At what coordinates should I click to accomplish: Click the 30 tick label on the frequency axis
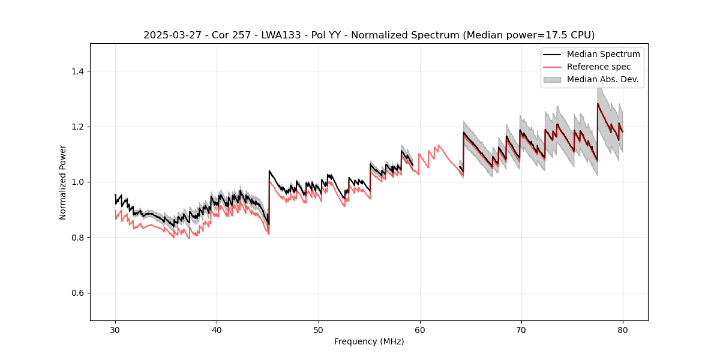(x=115, y=330)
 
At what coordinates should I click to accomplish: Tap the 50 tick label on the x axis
(x=318, y=330)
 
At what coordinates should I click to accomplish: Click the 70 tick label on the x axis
(x=521, y=330)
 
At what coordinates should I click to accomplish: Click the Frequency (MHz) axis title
(x=369, y=341)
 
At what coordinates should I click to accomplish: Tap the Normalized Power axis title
(x=63, y=182)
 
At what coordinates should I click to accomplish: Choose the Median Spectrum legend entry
(x=603, y=55)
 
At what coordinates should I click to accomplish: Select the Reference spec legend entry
(x=599, y=67)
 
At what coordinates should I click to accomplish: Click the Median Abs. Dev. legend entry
(x=602, y=79)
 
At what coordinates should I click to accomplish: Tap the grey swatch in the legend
(x=552, y=79)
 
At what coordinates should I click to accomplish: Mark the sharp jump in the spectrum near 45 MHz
(x=269, y=198)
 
